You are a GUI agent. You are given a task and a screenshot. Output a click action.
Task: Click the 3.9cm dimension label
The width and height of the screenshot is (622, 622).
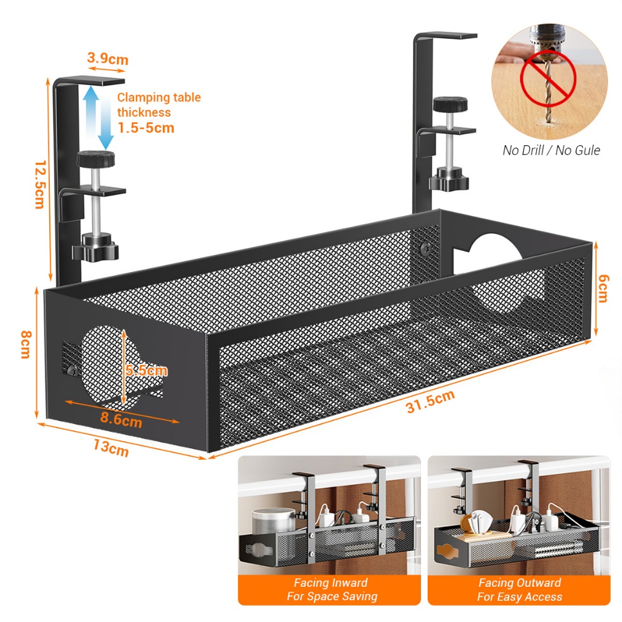(108, 59)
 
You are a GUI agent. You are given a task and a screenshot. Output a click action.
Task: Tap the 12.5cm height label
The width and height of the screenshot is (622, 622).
(39, 185)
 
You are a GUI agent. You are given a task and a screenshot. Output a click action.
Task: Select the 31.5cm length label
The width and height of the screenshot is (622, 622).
(430, 402)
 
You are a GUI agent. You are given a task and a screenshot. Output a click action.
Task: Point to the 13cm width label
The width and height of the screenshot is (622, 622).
(111, 448)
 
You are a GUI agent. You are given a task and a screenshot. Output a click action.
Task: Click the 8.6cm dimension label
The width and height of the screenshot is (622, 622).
(121, 419)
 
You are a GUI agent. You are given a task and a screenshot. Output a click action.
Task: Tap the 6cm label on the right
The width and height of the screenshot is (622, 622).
(602, 288)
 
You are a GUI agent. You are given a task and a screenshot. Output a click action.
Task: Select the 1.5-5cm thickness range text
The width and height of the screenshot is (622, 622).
(146, 128)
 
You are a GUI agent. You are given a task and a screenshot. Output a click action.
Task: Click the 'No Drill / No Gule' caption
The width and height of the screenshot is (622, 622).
(551, 150)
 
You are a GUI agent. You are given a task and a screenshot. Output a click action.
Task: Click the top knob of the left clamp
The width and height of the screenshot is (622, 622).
(96, 160)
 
